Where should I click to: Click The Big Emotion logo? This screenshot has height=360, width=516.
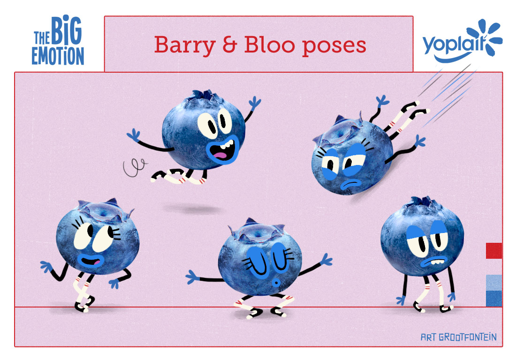(58, 40)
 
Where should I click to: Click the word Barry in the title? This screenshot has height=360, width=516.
(185, 45)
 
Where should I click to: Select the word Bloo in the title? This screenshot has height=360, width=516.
(269, 45)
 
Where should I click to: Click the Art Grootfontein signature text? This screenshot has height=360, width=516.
(459, 337)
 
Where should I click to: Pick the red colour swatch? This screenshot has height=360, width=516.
(494, 251)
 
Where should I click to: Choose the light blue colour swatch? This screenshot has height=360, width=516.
(494, 282)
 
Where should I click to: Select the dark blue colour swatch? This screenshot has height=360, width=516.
(494, 298)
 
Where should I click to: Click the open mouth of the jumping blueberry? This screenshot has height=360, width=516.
(223, 150)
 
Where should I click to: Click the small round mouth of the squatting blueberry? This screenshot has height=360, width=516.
(276, 282)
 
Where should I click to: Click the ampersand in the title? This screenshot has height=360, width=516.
(230, 45)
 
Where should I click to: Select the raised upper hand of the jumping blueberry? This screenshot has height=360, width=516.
(254, 102)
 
